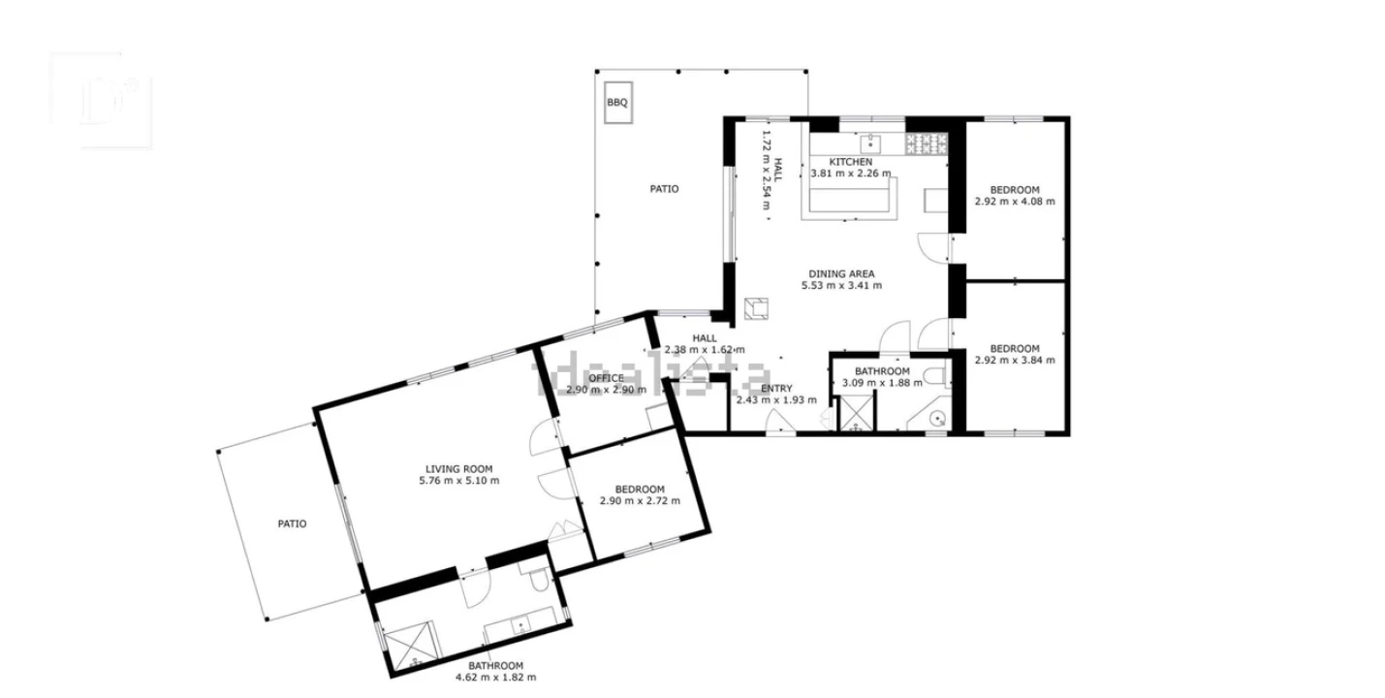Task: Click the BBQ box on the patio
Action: pos(617,103)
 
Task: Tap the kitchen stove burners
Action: pos(927,144)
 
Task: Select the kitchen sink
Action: pos(871,144)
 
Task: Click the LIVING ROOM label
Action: pos(458,469)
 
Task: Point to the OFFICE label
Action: pos(606,378)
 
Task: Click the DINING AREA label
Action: pos(841,274)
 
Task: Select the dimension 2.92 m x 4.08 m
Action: pos(1015,202)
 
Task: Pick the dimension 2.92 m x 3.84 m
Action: pos(1015,360)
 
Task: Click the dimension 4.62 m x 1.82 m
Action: pos(496,677)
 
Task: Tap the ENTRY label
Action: pos(776,388)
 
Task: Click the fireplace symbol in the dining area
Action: pos(756,308)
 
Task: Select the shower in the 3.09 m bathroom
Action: pos(856,413)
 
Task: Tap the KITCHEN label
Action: pos(851,162)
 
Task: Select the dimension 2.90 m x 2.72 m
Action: pos(640,501)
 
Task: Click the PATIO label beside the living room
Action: pos(292,523)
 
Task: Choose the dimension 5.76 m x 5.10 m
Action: pos(459,481)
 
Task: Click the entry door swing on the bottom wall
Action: pos(780,421)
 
